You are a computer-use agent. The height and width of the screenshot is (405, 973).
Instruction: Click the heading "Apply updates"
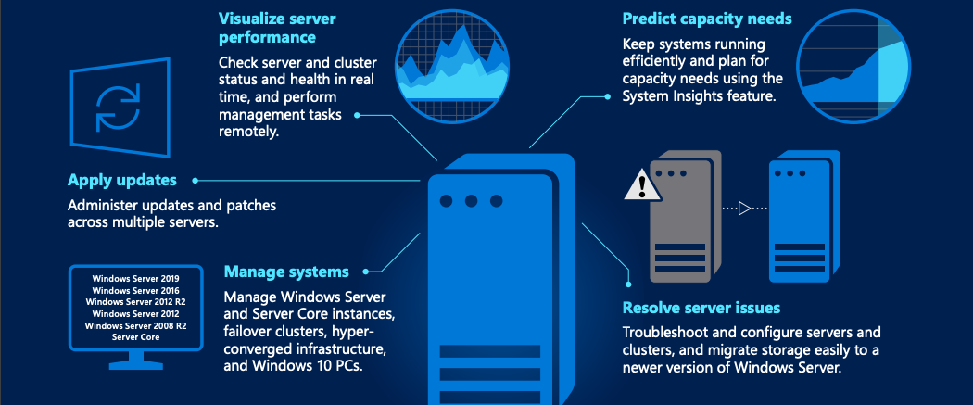click(122, 180)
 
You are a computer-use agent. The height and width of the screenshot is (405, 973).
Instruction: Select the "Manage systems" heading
click(286, 272)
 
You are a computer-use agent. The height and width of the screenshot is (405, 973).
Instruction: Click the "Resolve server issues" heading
click(701, 308)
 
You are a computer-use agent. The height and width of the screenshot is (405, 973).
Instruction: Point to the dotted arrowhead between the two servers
click(744, 209)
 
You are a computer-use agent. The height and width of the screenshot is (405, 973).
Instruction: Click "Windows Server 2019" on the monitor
click(135, 278)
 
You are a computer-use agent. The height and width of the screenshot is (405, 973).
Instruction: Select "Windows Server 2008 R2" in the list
click(135, 326)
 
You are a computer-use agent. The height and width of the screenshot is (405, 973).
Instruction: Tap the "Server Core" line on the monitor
click(135, 337)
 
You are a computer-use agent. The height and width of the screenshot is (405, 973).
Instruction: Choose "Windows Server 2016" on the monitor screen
click(135, 290)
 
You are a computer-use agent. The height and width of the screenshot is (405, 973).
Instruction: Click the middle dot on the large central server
click(472, 201)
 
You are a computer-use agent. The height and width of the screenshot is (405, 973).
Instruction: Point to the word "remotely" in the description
click(248, 132)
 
